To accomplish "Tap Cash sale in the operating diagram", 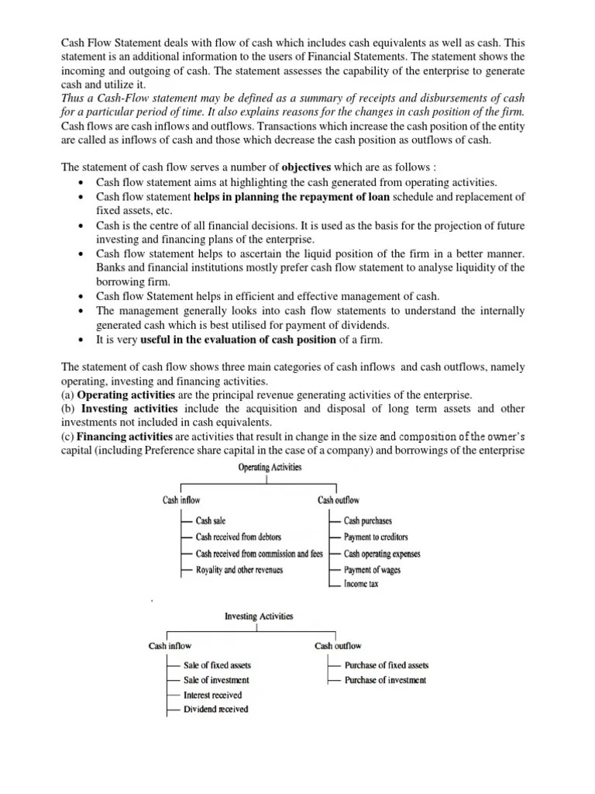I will (211, 521).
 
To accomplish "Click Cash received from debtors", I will (239, 537).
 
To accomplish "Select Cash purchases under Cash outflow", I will (368, 521).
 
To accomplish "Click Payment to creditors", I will (376, 537).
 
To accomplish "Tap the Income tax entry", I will (362, 584).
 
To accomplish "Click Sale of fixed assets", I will (218, 665).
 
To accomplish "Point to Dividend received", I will (216, 709).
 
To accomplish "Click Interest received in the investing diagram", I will (213, 695).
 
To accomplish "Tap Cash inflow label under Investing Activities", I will (170, 645).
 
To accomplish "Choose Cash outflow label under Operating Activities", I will (339, 500).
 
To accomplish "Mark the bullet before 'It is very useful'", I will (82, 340).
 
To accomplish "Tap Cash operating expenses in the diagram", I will (383, 554).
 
